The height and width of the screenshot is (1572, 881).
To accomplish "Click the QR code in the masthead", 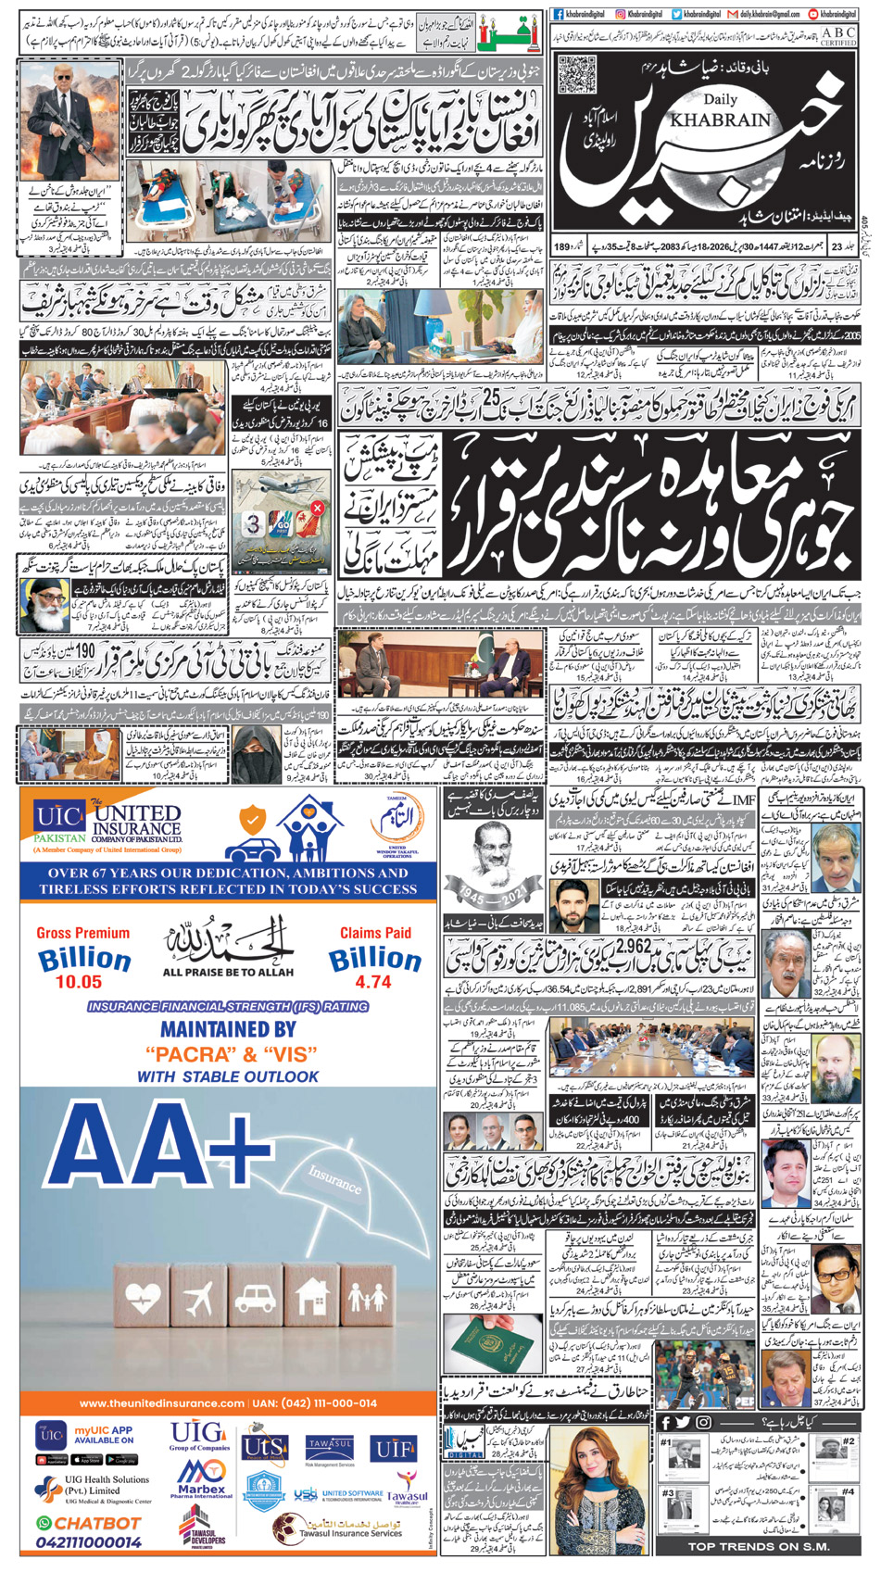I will click(x=578, y=75).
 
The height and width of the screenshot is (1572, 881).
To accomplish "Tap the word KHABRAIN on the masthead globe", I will click(x=707, y=119).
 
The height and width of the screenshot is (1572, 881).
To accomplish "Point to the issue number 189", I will click(x=562, y=246).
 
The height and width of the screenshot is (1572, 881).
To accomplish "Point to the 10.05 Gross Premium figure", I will click(x=79, y=982).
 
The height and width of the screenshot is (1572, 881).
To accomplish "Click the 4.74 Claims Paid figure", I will click(x=373, y=982).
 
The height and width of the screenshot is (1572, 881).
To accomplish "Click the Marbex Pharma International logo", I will click(x=201, y=1478).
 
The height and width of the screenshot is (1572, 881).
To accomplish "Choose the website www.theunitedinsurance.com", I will click(x=162, y=1403).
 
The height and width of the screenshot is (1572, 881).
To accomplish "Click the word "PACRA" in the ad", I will click(x=187, y=1054).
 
